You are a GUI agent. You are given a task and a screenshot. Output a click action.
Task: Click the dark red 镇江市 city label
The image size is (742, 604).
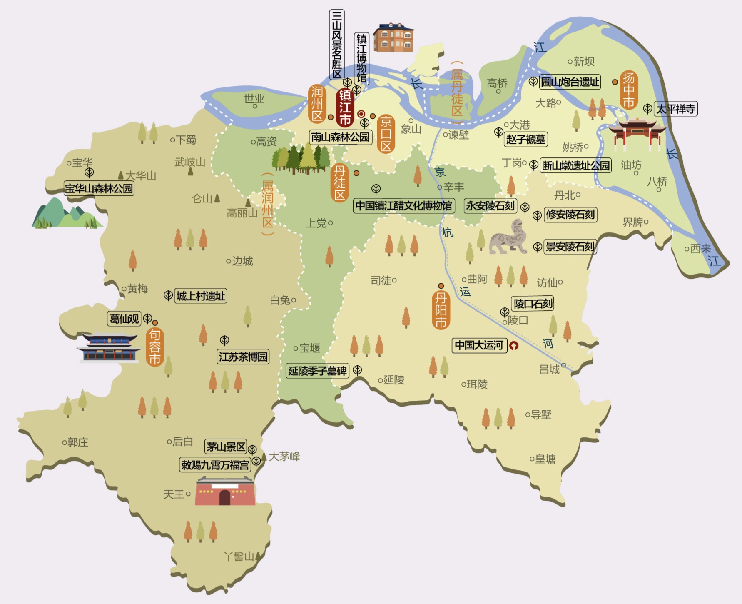pyautogui.click(x=345, y=107)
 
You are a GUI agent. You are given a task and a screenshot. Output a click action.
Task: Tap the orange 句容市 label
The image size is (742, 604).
pyautogui.click(x=155, y=347)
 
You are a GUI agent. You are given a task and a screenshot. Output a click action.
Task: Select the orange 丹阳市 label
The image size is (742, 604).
pyautogui.click(x=441, y=310)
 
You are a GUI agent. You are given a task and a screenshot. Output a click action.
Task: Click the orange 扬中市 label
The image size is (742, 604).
pyautogui.click(x=628, y=90)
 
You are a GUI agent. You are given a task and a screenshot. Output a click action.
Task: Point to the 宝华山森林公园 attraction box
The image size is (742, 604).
pyautogui.click(x=99, y=189)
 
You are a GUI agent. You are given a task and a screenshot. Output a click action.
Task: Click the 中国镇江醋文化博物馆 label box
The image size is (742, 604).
pyautogui.click(x=403, y=206)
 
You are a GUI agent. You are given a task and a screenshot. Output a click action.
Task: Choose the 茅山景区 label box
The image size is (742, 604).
pyautogui.click(x=226, y=447)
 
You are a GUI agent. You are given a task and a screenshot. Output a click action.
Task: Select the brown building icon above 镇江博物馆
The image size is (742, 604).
pyautogui.click(x=393, y=37)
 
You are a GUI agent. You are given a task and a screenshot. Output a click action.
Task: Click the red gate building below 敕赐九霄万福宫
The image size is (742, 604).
pyautogui.click(x=225, y=492)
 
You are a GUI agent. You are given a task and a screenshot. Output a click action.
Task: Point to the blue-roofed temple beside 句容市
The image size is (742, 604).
pyautogui.click(x=109, y=347)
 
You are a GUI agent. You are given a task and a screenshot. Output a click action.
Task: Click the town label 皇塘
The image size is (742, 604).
pyautogui.click(x=545, y=459)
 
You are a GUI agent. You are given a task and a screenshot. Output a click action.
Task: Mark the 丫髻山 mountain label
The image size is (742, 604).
pyautogui.click(x=239, y=557)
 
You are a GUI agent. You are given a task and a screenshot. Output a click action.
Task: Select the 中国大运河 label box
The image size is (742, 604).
pyautogui.click(x=479, y=345)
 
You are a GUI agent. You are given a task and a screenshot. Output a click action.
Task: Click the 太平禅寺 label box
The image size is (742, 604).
pyautogui.click(x=675, y=109)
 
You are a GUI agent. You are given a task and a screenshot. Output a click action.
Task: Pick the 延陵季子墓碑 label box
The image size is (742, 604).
pyautogui.click(x=317, y=371)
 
